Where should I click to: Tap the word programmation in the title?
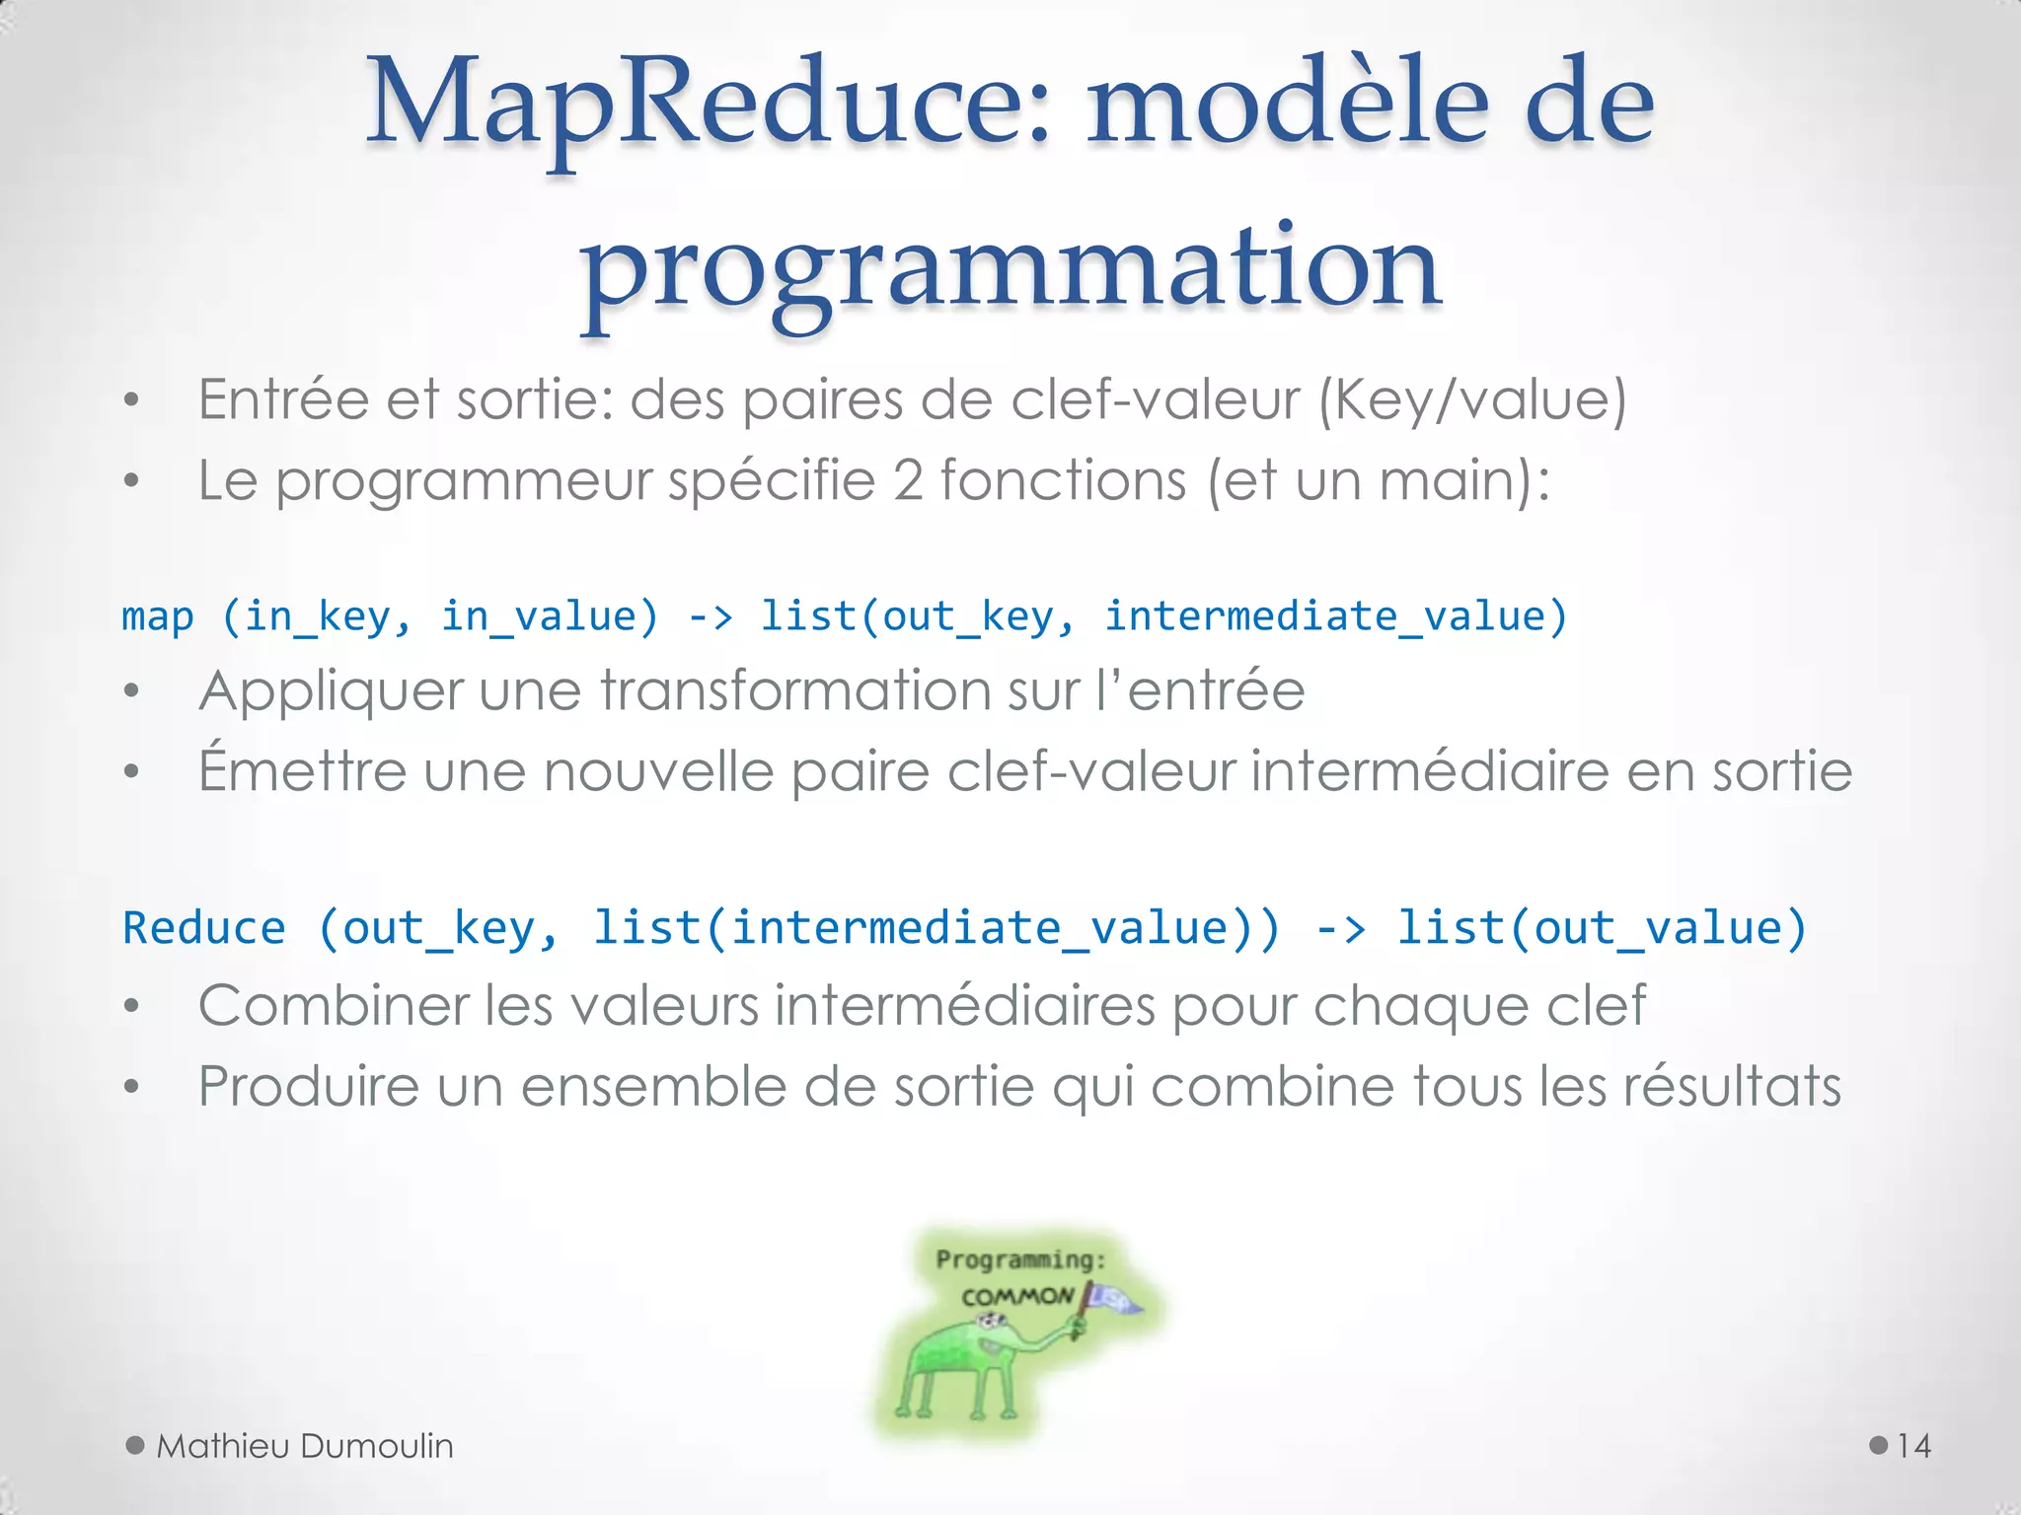point(1010,266)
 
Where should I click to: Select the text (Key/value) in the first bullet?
point(1472,400)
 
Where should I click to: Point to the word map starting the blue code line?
point(158,617)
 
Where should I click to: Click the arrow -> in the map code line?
point(711,617)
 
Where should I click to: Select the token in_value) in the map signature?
point(549,617)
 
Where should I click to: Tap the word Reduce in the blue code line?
point(204,928)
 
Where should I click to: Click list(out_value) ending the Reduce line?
point(1601,928)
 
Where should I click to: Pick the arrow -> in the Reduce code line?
point(1340,928)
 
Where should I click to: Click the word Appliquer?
point(330,690)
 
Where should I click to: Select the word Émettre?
point(302,770)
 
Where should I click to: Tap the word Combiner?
point(332,1006)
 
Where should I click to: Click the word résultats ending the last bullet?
point(1732,1087)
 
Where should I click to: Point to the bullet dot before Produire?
point(131,1088)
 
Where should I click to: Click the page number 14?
point(1912,1446)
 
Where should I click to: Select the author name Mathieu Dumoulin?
point(304,1446)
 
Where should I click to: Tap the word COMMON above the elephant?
point(1016,1296)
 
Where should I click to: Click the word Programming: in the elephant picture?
point(1020,1260)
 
